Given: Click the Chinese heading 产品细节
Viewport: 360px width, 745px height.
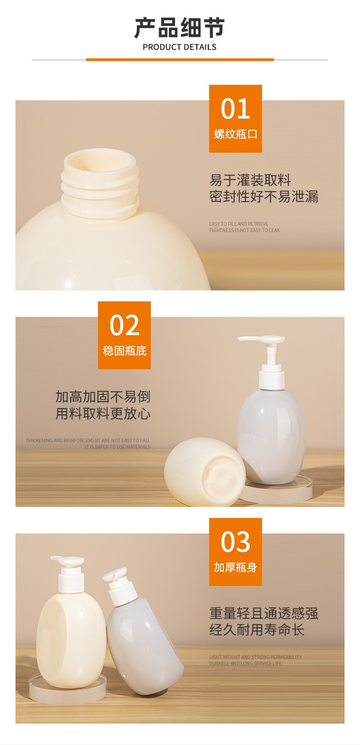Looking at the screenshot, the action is (180, 28).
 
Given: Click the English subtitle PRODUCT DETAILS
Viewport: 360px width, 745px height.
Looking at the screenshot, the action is (180, 47).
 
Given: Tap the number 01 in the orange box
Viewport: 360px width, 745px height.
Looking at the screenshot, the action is (235, 109).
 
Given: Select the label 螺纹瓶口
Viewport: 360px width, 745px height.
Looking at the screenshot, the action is (235, 134).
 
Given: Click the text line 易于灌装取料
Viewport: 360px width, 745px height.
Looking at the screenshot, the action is (250, 180).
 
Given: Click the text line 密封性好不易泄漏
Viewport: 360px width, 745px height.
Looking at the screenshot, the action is (263, 197).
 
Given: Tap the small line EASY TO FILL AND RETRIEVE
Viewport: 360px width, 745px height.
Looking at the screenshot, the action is (238, 224).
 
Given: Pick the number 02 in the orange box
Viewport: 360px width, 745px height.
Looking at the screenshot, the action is (124, 325).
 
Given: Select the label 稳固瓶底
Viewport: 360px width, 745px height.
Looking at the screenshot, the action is (124, 351).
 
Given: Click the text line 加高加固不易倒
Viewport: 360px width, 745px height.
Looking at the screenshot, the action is (103, 397).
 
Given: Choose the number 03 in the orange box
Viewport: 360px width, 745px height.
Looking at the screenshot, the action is (235, 542).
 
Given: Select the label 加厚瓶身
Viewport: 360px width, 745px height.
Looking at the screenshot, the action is (235, 567).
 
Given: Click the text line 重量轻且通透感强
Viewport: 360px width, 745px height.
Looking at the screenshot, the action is (263, 613).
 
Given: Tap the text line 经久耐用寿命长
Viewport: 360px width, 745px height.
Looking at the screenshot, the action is (257, 630).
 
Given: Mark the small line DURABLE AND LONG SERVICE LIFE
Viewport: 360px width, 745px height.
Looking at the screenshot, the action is (245, 663).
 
